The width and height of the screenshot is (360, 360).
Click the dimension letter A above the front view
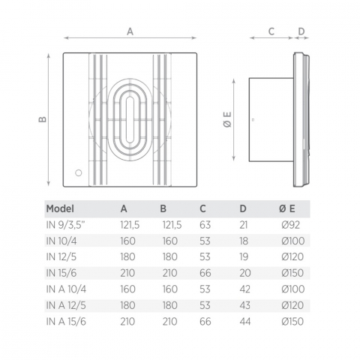pos(130,31)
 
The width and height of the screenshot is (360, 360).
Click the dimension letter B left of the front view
pos(43,119)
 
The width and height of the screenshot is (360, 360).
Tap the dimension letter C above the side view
pos(271,31)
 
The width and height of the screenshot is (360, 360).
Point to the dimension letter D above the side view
pos(301,31)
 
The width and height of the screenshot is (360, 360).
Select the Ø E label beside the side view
pos(228,119)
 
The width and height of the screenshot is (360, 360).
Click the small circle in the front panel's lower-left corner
pos(79,172)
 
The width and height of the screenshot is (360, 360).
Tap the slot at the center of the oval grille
pos(130,120)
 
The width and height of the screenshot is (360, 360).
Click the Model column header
pos(60,208)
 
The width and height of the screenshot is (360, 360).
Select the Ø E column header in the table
pos(287,208)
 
